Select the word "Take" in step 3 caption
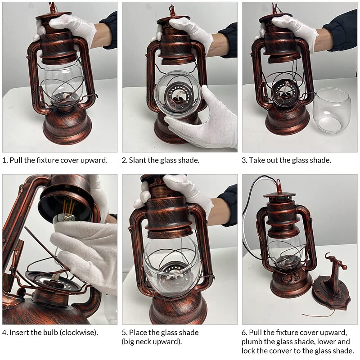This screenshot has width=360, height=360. tap(256, 160)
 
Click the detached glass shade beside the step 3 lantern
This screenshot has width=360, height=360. tap(332, 111)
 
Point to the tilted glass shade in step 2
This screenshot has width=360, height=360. tap(178, 94)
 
